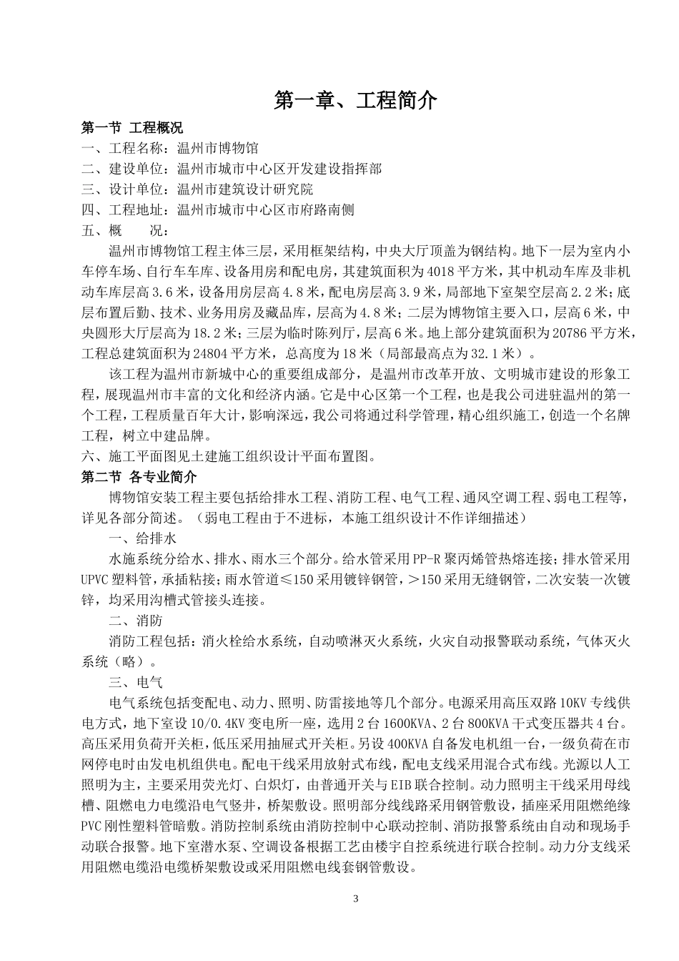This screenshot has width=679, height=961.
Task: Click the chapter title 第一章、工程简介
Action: click(x=355, y=101)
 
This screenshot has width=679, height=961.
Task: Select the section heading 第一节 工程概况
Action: click(x=132, y=128)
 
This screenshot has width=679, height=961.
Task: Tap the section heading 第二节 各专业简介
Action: click(x=139, y=476)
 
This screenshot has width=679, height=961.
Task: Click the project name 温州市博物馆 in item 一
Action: click(x=218, y=149)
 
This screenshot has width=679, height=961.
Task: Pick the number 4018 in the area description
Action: click(x=441, y=272)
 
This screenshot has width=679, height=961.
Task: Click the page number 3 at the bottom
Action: click(x=355, y=897)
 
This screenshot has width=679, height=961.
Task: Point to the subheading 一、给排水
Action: click(x=142, y=538)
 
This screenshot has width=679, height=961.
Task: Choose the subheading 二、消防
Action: click(x=135, y=621)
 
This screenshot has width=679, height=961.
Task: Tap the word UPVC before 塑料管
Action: click(x=98, y=579)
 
